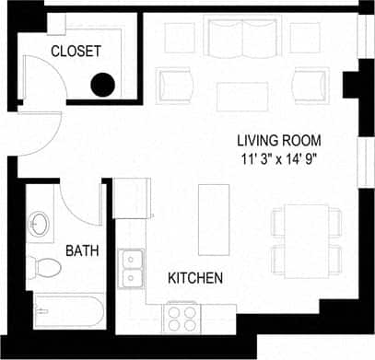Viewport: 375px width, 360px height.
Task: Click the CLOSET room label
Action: point(76,52)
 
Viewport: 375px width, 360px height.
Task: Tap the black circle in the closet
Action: point(102,86)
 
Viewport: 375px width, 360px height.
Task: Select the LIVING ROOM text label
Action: point(278,141)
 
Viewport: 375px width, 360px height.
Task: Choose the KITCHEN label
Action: point(194,277)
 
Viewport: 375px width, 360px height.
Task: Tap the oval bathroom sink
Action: point(41,224)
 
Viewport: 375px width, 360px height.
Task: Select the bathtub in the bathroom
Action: point(66,310)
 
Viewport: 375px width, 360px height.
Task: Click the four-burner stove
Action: point(181,318)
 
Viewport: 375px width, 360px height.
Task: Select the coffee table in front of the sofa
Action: point(242,95)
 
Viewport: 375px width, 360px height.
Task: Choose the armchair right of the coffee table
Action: point(310,85)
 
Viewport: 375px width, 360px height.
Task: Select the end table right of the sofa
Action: point(305,37)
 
